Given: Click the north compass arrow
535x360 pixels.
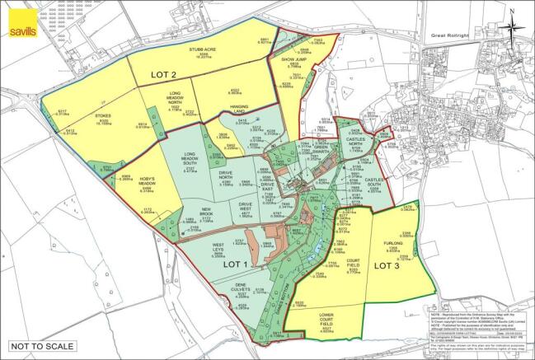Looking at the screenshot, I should [512, 22].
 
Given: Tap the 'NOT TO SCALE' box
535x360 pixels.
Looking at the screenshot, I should [35, 346].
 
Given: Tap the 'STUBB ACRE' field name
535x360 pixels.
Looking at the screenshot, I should [202, 49].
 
